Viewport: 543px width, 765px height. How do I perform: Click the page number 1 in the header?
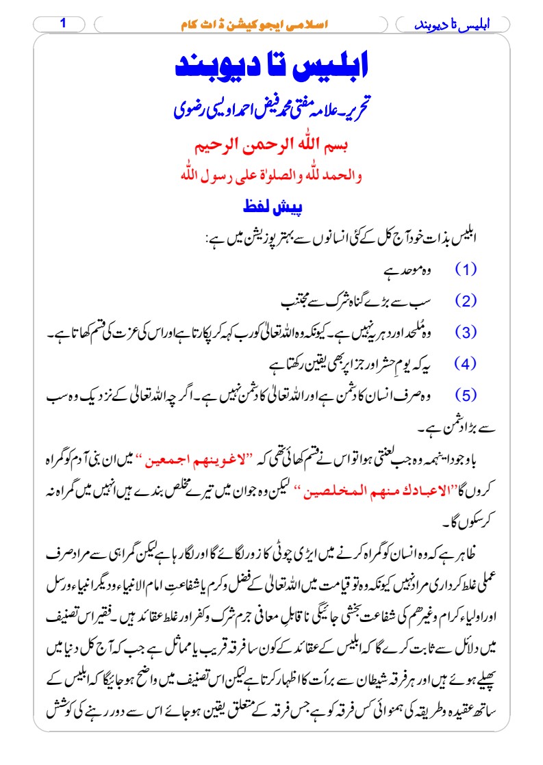tap(63, 23)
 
